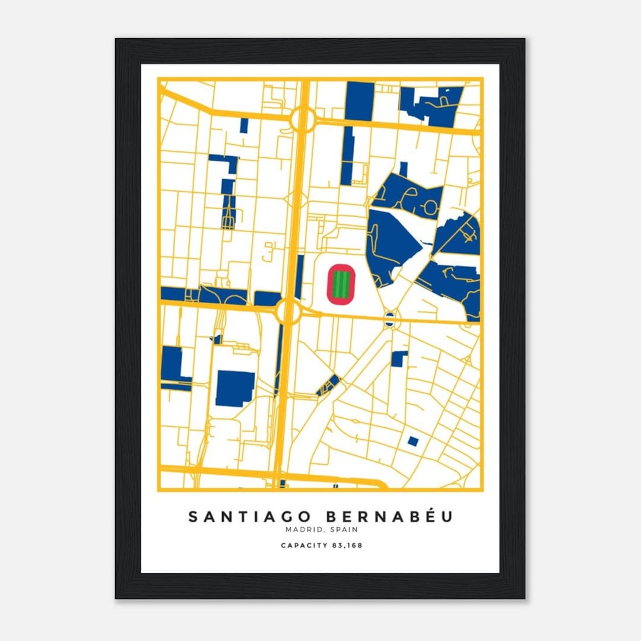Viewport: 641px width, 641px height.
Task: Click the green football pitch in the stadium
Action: (x=341, y=284)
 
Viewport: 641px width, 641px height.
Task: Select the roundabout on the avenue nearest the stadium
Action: (x=288, y=311)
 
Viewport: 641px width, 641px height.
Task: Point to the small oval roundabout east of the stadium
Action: (x=389, y=319)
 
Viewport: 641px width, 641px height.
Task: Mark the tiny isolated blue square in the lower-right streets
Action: (x=412, y=441)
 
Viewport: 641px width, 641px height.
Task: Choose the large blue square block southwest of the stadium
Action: (x=235, y=388)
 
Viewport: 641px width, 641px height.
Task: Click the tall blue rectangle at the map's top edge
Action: (x=360, y=101)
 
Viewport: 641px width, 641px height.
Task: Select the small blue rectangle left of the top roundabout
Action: (x=244, y=125)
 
